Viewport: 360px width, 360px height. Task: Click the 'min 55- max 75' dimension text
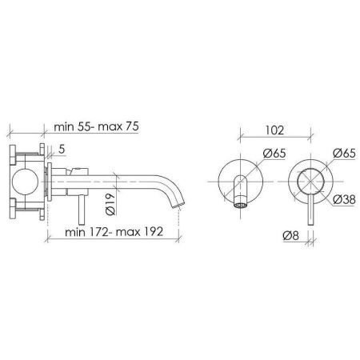96,126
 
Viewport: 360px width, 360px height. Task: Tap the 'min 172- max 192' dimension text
114,232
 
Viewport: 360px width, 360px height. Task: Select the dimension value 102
274,130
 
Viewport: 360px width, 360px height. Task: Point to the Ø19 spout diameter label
110,204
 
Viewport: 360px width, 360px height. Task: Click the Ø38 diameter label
344,199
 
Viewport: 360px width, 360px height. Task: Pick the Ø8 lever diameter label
291,236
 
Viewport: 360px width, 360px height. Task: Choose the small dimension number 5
62,150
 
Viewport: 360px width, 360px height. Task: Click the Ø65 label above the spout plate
274,154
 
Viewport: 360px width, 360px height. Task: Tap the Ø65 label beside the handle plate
344,154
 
